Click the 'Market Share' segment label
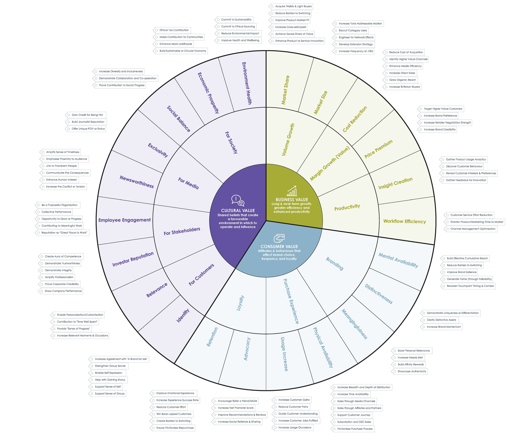[x=285, y=90]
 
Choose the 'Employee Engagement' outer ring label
[x=125, y=220]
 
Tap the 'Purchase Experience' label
[x=291, y=301]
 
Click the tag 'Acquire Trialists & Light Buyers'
[x=293, y=6]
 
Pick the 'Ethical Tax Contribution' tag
[x=174, y=30]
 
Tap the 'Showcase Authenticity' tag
[x=412, y=371]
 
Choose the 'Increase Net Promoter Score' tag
[x=236, y=408]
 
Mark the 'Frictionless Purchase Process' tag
[x=355, y=429]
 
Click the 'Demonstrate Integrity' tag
[x=58, y=270]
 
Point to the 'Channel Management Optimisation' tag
[x=473, y=229]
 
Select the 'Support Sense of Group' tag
[x=109, y=393]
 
